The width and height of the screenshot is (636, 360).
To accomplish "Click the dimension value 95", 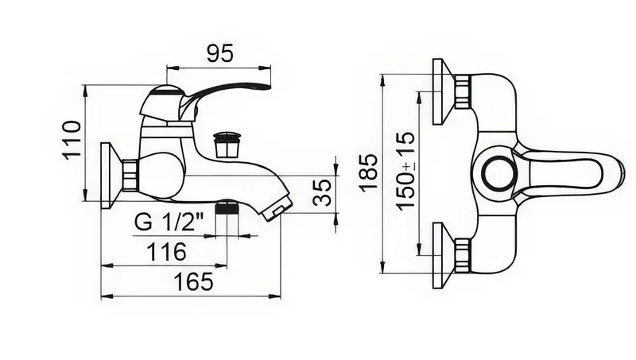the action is click(220, 53).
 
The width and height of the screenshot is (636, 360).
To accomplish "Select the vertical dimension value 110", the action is click(72, 140).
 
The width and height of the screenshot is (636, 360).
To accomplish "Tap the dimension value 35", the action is click(324, 192).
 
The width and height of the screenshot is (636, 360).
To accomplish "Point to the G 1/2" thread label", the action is click(169, 222).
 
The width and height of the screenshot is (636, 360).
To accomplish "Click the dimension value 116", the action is click(167, 251).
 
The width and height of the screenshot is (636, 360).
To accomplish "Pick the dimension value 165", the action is click(193, 281).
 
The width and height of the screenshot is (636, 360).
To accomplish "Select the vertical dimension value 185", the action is click(369, 173).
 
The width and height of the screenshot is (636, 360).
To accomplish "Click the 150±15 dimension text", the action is click(406, 171).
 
